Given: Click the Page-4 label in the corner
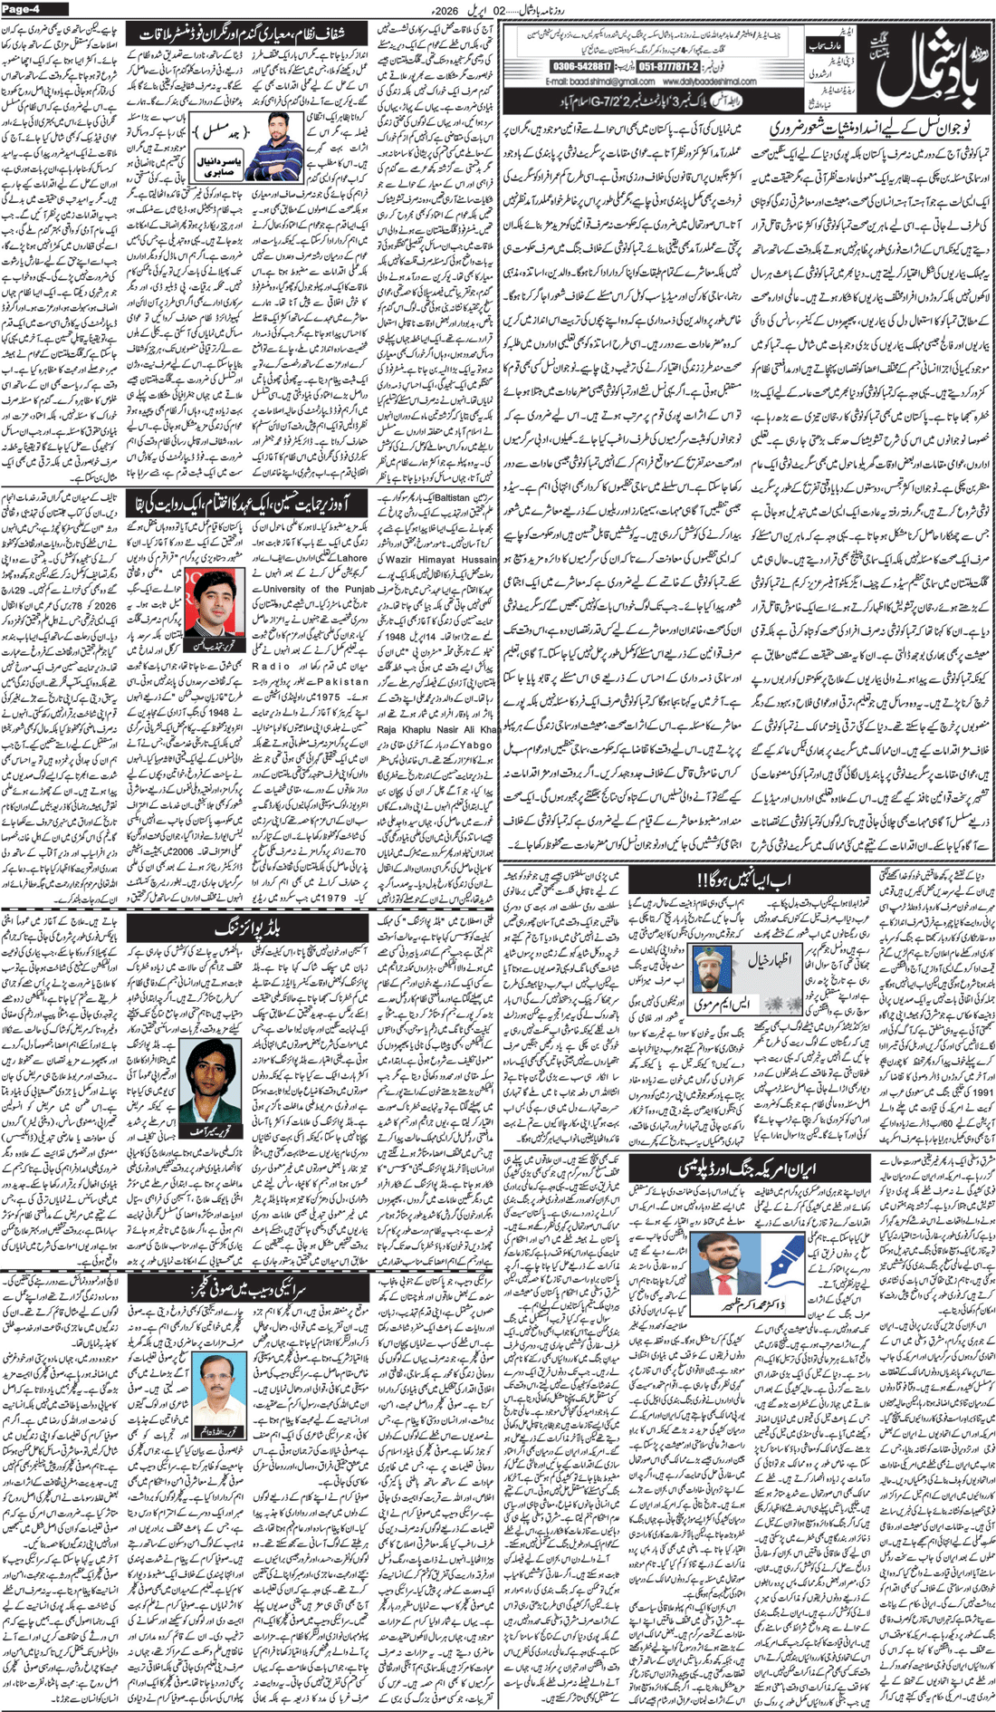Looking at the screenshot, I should point(24,9).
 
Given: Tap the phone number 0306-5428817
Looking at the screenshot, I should point(581,67).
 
